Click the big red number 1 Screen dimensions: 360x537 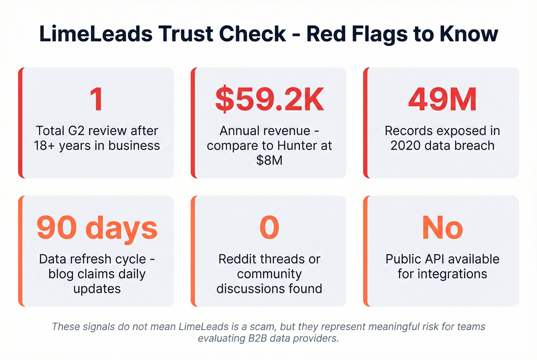[x=96, y=99]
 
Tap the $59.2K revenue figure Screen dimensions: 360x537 [x=269, y=99]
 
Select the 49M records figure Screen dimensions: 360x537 [x=442, y=99]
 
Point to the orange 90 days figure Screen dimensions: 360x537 [x=97, y=228]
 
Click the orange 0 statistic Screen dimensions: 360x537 [x=269, y=228]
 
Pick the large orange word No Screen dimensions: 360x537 [x=442, y=228]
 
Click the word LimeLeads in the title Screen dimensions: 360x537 [x=96, y=34]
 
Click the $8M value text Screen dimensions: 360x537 [x=269, y=160]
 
